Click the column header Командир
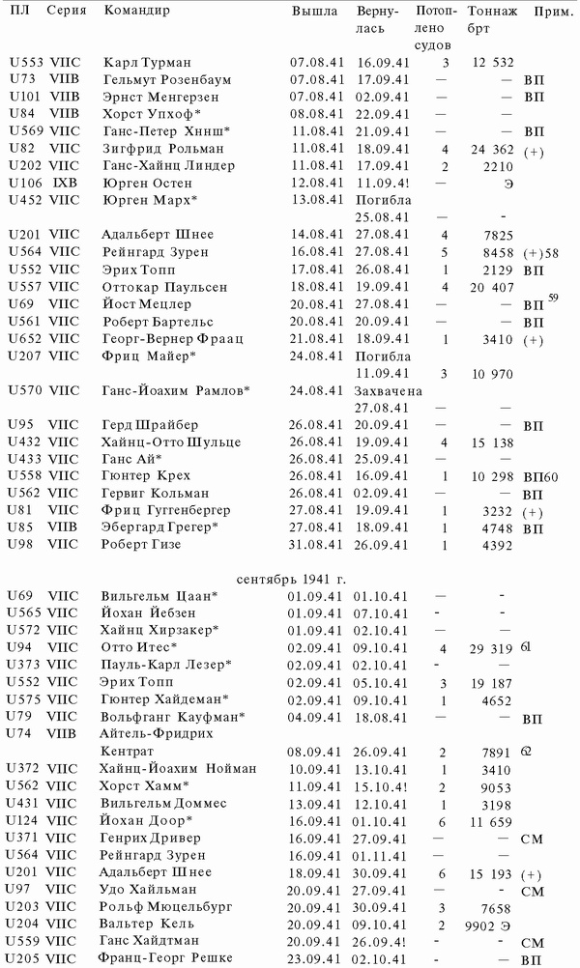coord(136,12)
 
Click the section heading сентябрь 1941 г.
coord(293,579)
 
